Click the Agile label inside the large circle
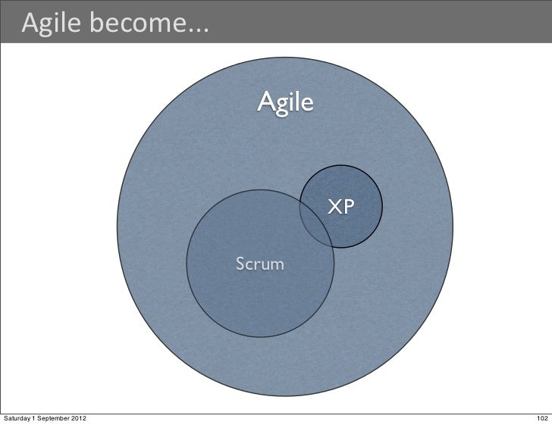pos(284,102)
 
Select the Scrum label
pos(260,264)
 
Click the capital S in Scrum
pos(240,264)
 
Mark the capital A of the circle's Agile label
pos(265,102)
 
